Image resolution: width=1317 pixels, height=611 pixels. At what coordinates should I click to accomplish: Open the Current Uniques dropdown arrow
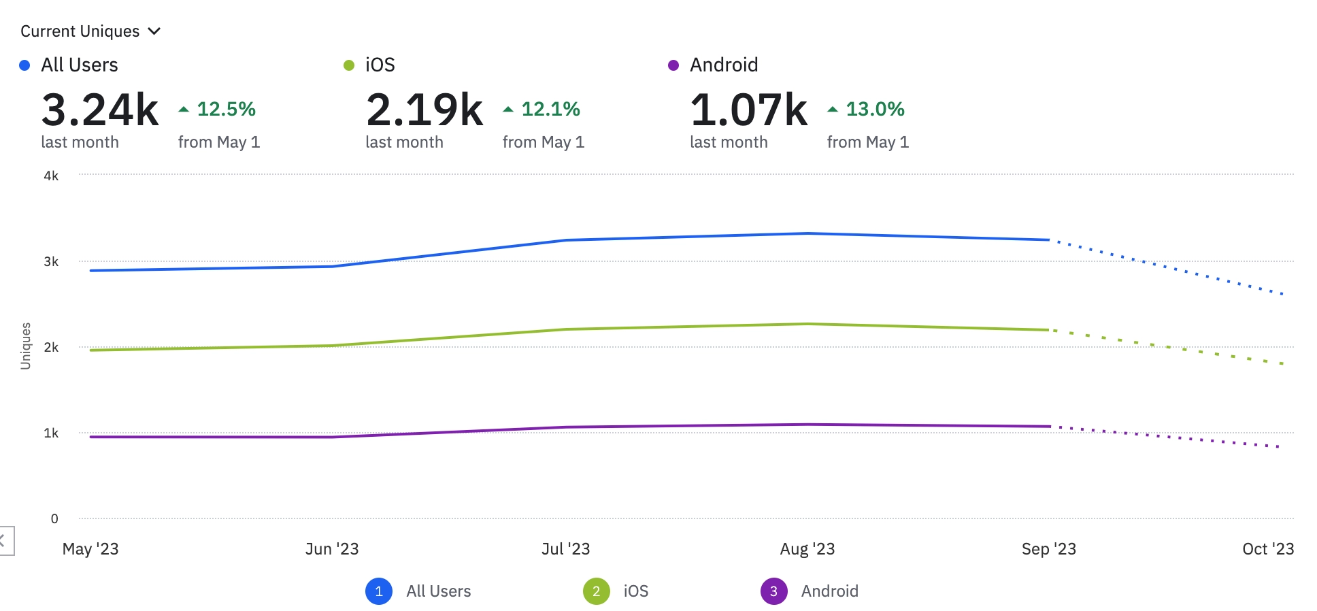(x=154, y=31)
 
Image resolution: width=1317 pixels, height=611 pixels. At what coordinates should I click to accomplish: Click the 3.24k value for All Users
(x=100, y=110)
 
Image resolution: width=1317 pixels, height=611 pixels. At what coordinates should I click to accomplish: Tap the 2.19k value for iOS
(x=424, y=110)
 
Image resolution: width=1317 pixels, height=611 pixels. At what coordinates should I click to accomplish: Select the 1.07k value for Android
(x=749, y=110)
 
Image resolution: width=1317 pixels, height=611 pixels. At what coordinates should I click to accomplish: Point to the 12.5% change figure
(x=226, y=109)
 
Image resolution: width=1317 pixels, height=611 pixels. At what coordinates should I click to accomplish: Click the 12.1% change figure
(x=550, y=109)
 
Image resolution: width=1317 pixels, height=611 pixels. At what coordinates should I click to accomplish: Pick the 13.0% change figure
(x=875, y=109)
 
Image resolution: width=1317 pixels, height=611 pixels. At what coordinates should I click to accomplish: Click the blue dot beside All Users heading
(x=24, y=65)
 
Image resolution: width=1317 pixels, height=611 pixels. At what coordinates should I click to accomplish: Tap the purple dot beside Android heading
(x=673, y=65)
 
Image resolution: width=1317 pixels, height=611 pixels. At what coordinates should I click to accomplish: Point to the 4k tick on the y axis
(x=51, y=176)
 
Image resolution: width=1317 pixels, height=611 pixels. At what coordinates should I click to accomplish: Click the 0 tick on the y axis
(x=54, y=518)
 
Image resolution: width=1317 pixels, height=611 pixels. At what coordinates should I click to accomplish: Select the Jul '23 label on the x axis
(x=565, y=549)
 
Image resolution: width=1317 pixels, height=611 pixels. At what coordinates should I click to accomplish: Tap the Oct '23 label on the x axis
(x=1267, y=549)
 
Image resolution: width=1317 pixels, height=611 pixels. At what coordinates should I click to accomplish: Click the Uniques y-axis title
(x=26, y=346)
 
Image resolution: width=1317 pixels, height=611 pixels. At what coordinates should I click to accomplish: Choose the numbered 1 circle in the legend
(x=379, y=591)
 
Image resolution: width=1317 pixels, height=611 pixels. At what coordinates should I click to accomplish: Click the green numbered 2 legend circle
(x=596, y=591)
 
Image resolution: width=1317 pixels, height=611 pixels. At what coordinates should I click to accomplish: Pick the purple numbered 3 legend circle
(x=773, y=591)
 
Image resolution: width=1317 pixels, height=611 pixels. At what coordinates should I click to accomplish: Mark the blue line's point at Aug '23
(x=807, y=233)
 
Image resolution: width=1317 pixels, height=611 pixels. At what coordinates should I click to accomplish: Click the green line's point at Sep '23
(x=1049, y=330)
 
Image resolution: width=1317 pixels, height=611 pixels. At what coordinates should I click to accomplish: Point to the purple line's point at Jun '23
(x=332, y=437)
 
